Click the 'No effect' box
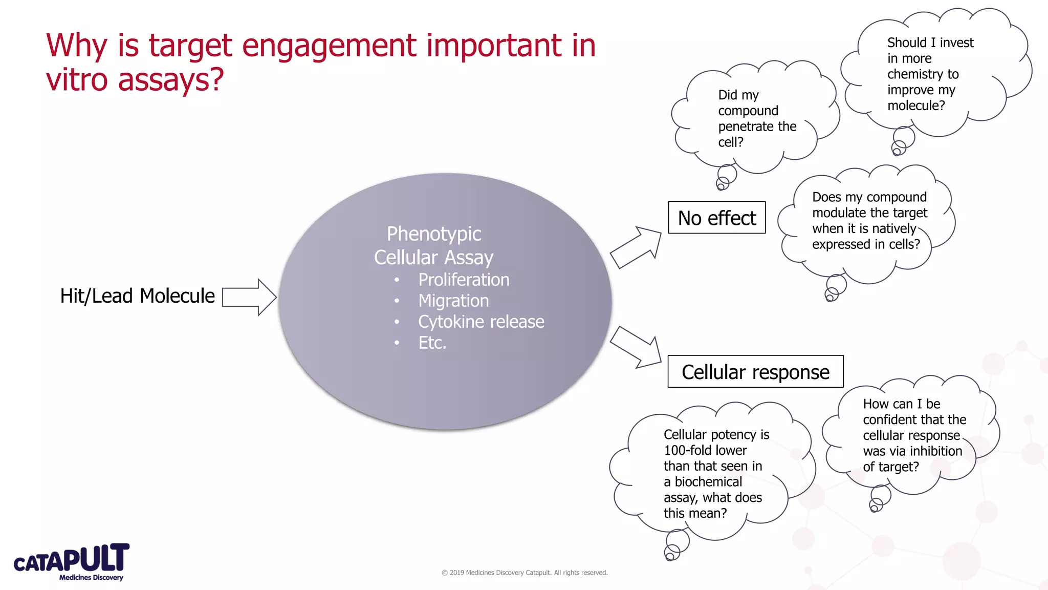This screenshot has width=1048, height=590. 716,218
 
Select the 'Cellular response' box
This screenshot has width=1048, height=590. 755,372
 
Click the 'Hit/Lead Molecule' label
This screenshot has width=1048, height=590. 137,296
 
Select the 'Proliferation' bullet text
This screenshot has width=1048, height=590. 464,280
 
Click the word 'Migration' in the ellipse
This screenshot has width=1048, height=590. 453,301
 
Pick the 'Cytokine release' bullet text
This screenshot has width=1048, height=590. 481,322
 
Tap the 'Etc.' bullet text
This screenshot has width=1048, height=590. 432,343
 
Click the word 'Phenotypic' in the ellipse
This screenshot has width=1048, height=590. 434,234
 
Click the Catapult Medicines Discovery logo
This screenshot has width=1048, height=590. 72,562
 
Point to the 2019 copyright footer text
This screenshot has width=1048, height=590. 525,573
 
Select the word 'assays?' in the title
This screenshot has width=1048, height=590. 171,80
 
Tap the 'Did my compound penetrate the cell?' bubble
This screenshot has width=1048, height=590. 756,118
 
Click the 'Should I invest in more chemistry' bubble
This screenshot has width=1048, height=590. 930,74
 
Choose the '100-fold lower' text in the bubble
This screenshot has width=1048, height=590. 705,450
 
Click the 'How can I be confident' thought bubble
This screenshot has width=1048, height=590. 914,435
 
